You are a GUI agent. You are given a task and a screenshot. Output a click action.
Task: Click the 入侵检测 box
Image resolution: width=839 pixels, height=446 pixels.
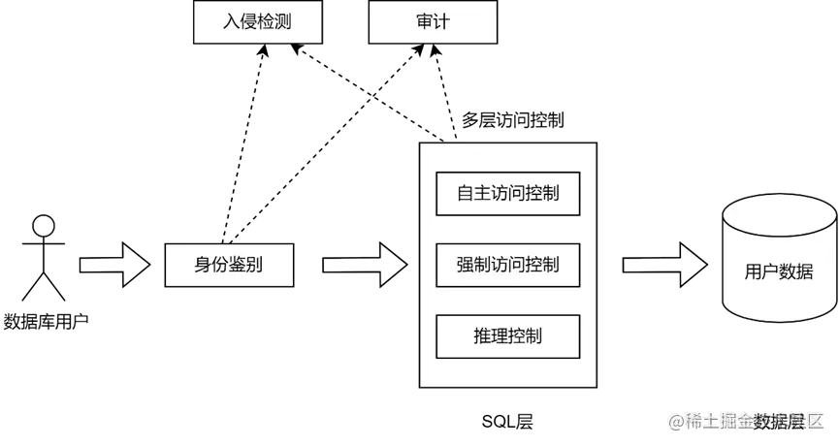tap(257, 22)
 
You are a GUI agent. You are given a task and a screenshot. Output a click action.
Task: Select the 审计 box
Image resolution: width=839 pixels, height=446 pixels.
tap(432, 22)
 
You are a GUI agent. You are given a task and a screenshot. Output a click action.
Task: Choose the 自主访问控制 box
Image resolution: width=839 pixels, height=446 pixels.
tap(508, 193)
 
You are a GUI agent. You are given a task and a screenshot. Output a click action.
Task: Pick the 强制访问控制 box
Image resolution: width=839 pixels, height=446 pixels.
tap(508, 265)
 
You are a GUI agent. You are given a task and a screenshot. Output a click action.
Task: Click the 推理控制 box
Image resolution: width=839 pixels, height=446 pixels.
tap(508, 336)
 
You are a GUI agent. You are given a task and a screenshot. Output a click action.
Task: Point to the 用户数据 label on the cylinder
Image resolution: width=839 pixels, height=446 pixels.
tap(779, 272)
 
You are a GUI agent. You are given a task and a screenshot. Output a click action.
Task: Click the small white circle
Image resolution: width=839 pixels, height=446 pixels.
tap(43, 227)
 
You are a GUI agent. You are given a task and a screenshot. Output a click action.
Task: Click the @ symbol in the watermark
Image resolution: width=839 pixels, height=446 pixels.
tap(674, 421)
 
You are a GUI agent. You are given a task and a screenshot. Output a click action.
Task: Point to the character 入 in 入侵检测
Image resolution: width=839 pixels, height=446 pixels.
tap(232, 22)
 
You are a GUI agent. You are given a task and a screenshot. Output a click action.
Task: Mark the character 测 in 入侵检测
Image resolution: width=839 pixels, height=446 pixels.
tap(282, 22)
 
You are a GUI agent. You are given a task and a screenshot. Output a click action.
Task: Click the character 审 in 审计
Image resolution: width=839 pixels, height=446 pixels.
tap(423, 22)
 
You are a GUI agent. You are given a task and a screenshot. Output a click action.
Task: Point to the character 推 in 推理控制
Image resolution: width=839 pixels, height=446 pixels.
tap(482, 336)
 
